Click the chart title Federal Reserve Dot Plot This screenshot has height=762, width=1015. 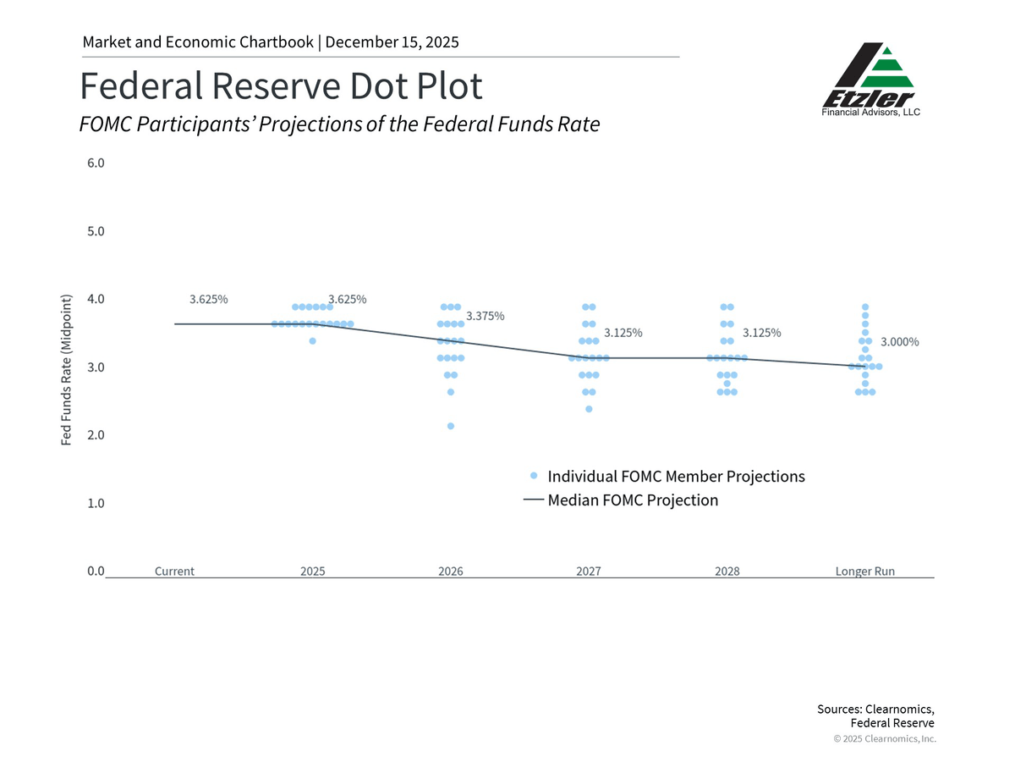click(x=281, y=86)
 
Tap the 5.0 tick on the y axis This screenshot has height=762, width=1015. click(x=96, y=231)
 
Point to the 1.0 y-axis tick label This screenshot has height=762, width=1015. click(x=96, y=503)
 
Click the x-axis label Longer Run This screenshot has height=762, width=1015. click(x=864, y=571)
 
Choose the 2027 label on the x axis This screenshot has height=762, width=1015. click(x=589, y=571)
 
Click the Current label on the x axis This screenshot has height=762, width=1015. click(x=174, y=571)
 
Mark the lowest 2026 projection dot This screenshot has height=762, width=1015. click(x=451, y=426)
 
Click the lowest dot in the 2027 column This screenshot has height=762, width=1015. click(x=589, y=409)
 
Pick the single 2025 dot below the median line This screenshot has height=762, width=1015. click(x=312, y=340)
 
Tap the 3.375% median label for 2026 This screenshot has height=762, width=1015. click(x=486, y=316)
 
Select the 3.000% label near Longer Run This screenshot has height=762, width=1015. click(x=900, y=342)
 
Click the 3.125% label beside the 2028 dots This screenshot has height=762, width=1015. click(x=762, y=333)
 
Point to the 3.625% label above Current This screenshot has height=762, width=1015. click(x=208, y=299)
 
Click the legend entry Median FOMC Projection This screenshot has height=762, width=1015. click(x=633, y=500)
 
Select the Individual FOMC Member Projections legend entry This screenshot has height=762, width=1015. click(x=676, y=476)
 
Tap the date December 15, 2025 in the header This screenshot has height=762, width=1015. click(x=392, y=41)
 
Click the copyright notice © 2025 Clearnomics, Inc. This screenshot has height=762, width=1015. click(x=885, y=739)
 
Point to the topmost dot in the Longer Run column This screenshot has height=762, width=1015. click(x=864, y=306)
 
